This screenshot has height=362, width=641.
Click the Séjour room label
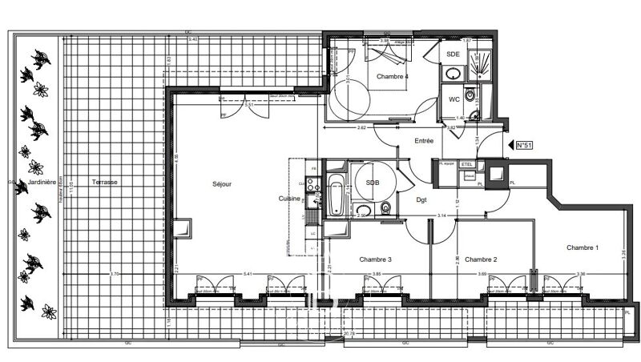pyautogui.click(x=222, y=183)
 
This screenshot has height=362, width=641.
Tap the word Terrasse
pyautogui.click(x=104, y=182)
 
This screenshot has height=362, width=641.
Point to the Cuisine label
pyautogui.click(x=289, y=198)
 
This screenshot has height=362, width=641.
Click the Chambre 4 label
pyautogui.click(x=393, y=76)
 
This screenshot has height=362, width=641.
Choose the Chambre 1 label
pyautogui.click(x=583, y=247)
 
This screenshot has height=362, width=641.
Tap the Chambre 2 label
pyautogui.click(x=482, y=259)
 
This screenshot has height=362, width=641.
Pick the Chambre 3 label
pyautogui.click(x=375, y=259)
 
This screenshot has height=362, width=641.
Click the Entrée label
pyautogui.click(x=424, y=141)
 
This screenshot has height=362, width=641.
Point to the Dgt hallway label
pyautogui.click(x=421, y=200)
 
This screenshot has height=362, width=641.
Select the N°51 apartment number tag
pyautogui.click(x=523, y=145)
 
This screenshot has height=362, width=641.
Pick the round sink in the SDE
pyautogui.click(x=452, y=72)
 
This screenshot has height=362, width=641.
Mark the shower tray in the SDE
pyautogui.click(x=482, y=63)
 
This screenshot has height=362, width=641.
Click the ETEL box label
pyautogui.click(x=469, y=164)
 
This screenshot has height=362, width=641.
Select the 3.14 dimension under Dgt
pyautogui.click(x=440, y=215)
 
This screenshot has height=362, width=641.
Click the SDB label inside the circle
pyautogui.click(x=373, y=183)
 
